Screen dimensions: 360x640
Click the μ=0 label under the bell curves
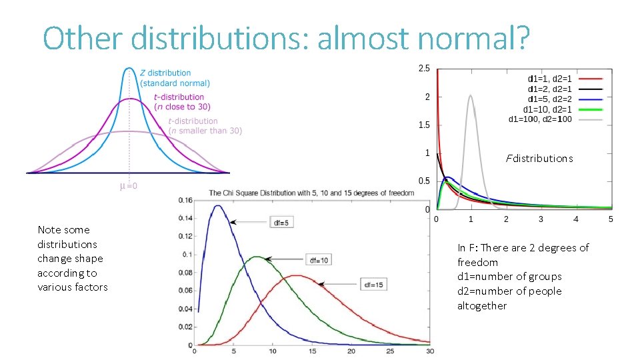[x=129, y=186]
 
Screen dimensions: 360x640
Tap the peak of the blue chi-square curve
[x=218, y=205]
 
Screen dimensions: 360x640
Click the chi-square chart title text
[x=311, y=193]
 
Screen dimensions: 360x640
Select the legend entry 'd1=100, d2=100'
[x=540, y=119]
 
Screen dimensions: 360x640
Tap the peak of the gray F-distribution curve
[x=471, y=95]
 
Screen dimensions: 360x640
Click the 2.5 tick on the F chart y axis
[x=423, y=68]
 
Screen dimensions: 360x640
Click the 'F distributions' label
[x=539, y=159]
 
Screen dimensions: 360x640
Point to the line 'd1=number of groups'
[x=509, y=277]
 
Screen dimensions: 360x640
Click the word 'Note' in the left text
[x=49, y=230]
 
